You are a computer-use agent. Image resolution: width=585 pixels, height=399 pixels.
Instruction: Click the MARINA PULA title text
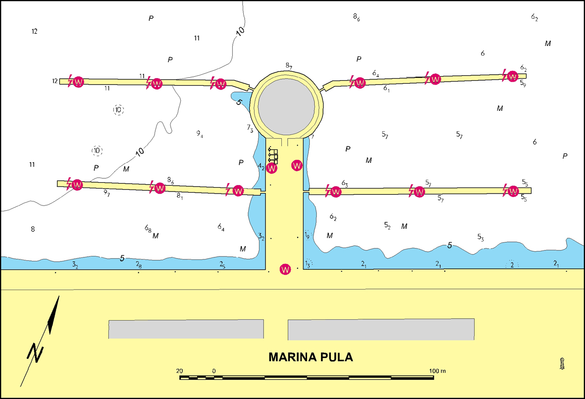311,357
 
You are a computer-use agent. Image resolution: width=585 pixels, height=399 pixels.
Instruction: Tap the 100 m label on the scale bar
438,371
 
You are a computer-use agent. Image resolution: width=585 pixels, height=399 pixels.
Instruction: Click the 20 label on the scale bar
179,371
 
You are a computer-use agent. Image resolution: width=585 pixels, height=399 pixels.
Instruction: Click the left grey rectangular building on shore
186,329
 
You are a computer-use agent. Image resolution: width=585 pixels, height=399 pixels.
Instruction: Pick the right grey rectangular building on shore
381,329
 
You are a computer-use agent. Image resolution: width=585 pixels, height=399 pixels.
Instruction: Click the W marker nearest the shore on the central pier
285,269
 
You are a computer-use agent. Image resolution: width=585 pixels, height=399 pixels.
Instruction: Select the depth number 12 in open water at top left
34,31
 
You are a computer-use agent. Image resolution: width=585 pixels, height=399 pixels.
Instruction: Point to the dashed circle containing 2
512,264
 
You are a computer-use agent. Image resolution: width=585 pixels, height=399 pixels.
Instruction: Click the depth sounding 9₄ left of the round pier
200,134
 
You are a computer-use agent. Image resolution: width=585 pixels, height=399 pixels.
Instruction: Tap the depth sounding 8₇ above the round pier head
289,66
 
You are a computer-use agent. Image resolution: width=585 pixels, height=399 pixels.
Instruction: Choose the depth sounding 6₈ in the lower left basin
148,228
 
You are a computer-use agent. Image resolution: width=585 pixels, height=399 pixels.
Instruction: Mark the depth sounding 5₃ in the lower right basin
480,237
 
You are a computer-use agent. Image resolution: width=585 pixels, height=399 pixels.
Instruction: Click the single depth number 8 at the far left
33,229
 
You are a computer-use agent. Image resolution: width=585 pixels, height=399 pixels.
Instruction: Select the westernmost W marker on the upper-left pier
78,82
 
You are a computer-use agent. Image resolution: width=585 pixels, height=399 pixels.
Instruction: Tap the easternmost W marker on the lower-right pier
513,191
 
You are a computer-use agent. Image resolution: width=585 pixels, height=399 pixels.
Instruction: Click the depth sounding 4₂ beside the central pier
261,167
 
